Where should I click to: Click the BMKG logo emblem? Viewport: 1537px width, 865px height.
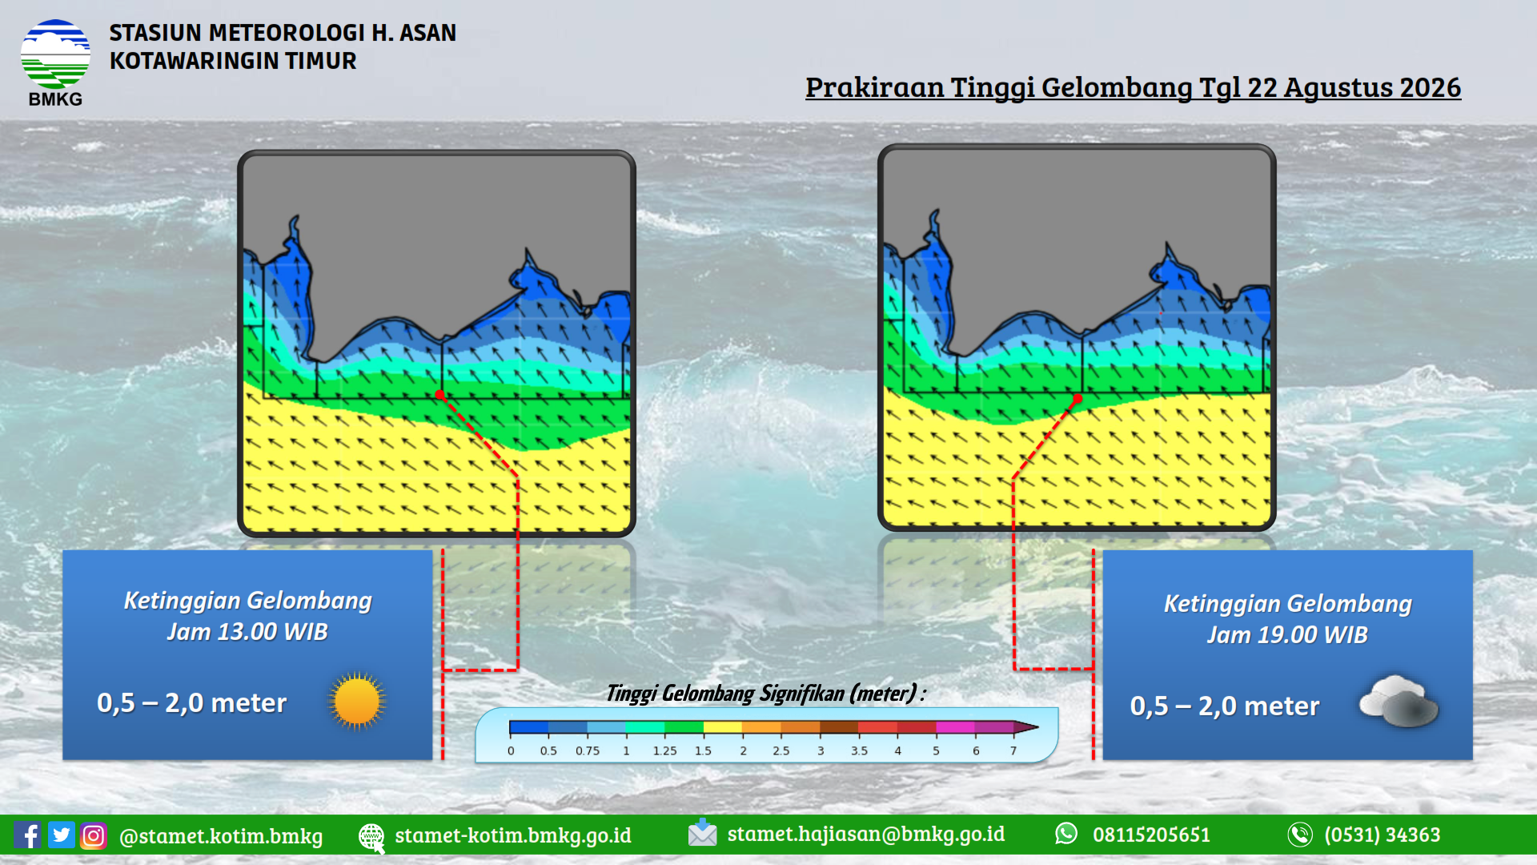click(x=55, y=54)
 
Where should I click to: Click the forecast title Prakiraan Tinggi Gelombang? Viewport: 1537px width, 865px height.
click(x=998, y=87)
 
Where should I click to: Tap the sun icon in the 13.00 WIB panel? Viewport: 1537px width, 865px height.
click(x=357, y=702)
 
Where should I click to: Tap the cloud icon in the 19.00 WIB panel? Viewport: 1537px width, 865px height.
click(x=1399, y=701)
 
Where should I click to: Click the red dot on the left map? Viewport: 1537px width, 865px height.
click(x=439, y=395)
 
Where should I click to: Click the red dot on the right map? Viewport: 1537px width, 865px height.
click(x=1078, y=398)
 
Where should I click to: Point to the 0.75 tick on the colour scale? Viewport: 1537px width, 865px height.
click(x=588, y=750)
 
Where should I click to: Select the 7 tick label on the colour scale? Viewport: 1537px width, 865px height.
click(x=1013, y=750)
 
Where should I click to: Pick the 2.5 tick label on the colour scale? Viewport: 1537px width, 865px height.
click(x=781, y=750)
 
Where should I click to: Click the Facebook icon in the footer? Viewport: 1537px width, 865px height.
click(x=27, y=835)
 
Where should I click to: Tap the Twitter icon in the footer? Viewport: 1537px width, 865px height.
click(x=61, y=835)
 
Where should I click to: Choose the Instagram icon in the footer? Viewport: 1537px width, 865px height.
click(x=93, y=835)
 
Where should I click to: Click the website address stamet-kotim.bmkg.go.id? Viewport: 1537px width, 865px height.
click(x=513, y=835)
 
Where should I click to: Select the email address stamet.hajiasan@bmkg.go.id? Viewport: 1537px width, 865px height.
click(x=866, y=835)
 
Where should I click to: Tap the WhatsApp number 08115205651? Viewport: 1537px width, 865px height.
click(x=1151, y=835)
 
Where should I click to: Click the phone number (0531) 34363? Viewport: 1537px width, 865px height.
click(x=1382, y=835)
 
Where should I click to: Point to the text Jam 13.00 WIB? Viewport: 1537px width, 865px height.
click(x=247, y=632)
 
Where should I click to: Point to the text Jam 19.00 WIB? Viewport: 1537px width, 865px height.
click(x=1287, y=635)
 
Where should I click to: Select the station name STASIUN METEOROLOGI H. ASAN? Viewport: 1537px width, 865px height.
click(x=283, y=33)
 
